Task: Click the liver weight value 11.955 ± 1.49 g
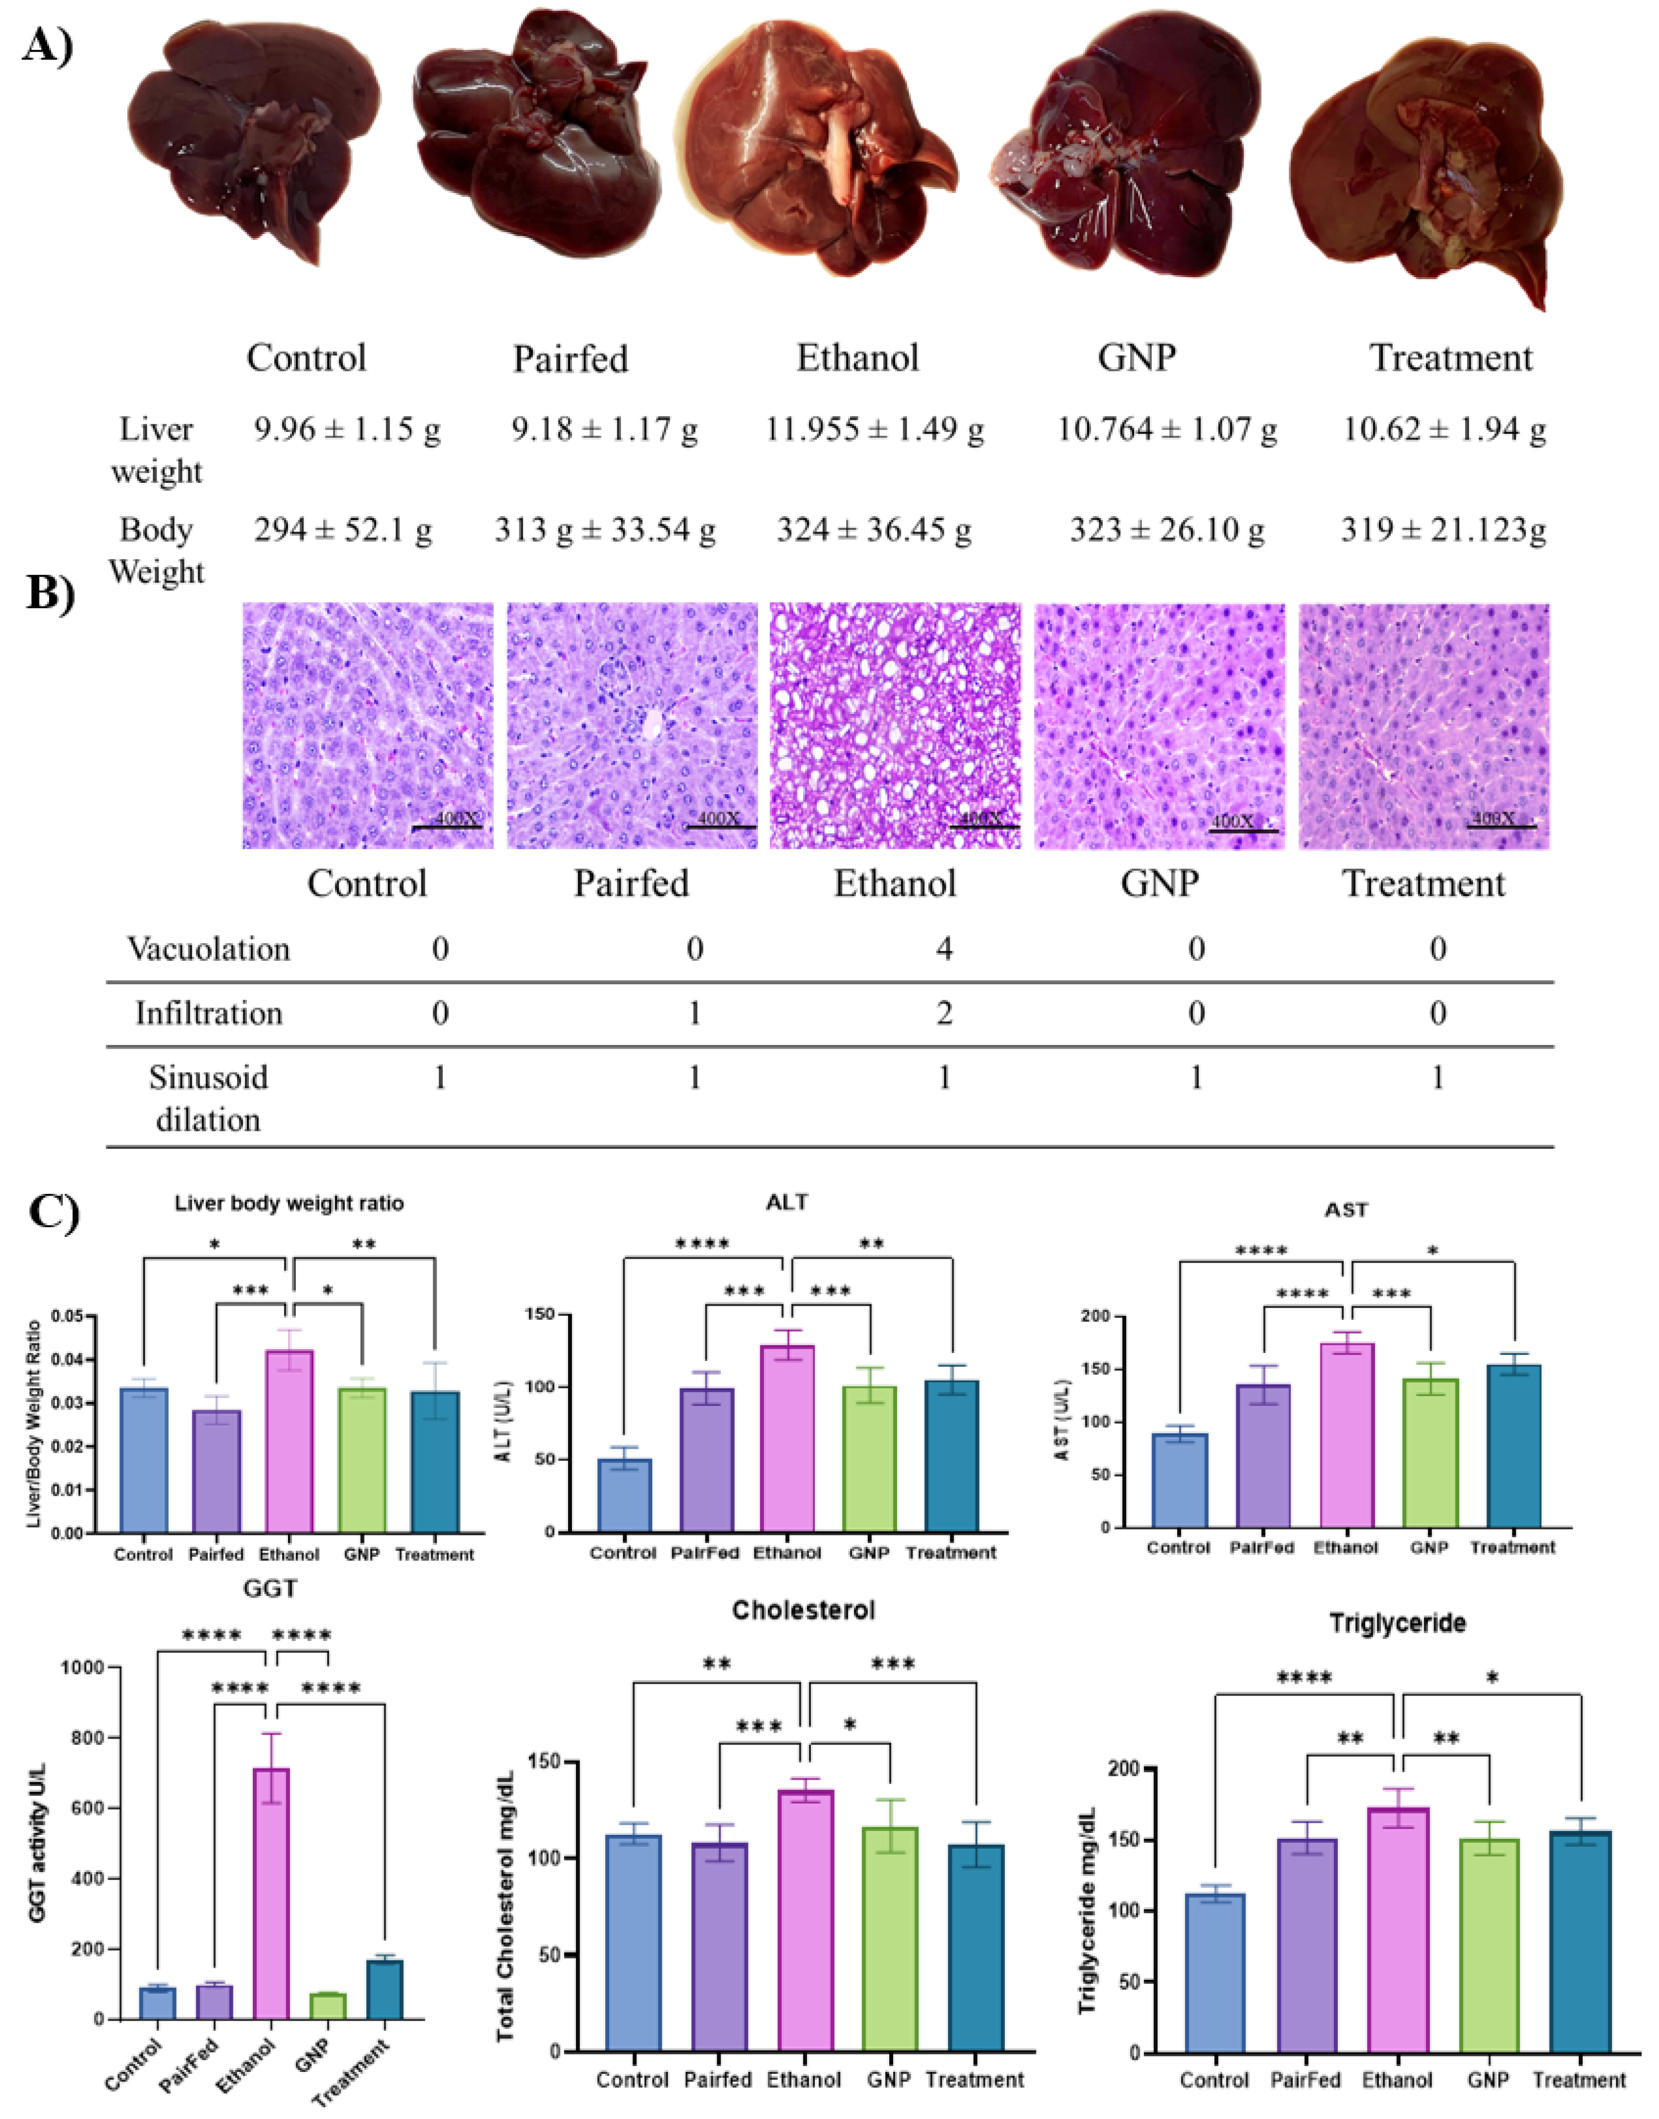[874, 428]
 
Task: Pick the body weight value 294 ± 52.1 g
[343, 530]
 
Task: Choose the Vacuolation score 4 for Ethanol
[943, 948]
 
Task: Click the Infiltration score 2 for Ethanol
[943, 1013]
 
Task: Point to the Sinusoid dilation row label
[208, 1098]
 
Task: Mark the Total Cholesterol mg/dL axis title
[505, 1906]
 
